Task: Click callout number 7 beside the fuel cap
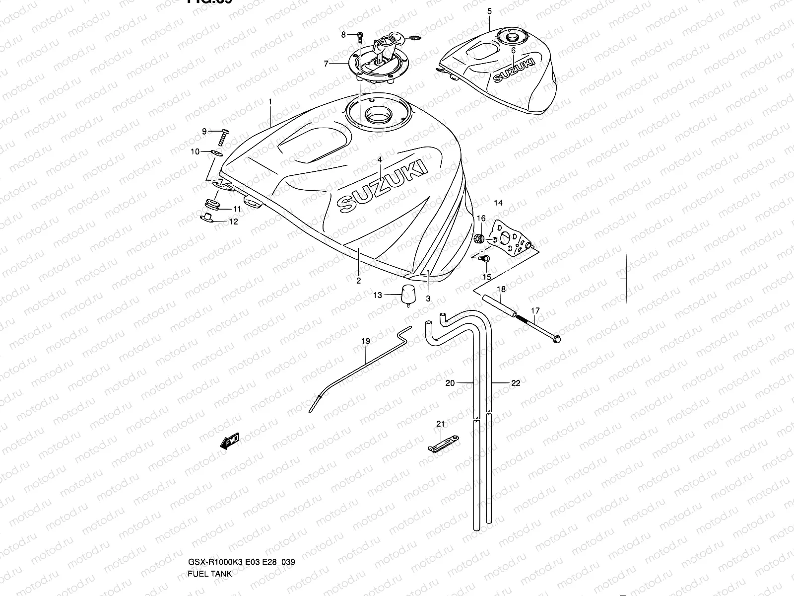point(326,64)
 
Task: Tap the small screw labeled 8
point(360,35)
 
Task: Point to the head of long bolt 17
point(556,340)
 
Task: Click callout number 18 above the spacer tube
point(501,289)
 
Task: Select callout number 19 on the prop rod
point(365,341)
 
